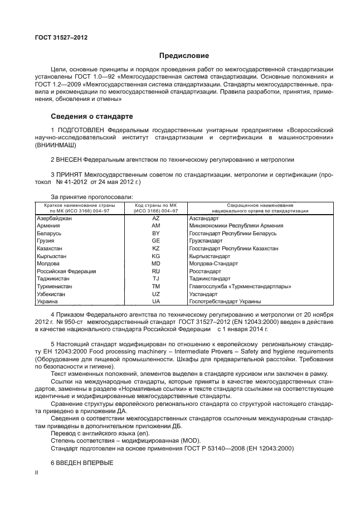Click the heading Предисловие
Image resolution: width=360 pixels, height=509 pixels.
pos(184,56)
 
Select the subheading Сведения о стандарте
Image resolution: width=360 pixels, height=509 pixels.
pos(92,117)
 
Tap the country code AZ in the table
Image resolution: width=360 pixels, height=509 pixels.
pos(155,219)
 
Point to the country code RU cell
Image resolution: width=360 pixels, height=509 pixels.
pos(155,271)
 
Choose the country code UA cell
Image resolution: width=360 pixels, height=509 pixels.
pos(155,301)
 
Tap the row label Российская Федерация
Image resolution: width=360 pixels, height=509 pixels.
pos(66,271)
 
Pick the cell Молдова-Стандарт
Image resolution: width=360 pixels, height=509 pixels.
pos(213,263)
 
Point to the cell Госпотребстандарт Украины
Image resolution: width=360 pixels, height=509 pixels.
pos(225,301)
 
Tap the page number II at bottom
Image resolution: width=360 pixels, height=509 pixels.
pos(36,472)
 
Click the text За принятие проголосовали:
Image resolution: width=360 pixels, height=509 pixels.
pos(91,197)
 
